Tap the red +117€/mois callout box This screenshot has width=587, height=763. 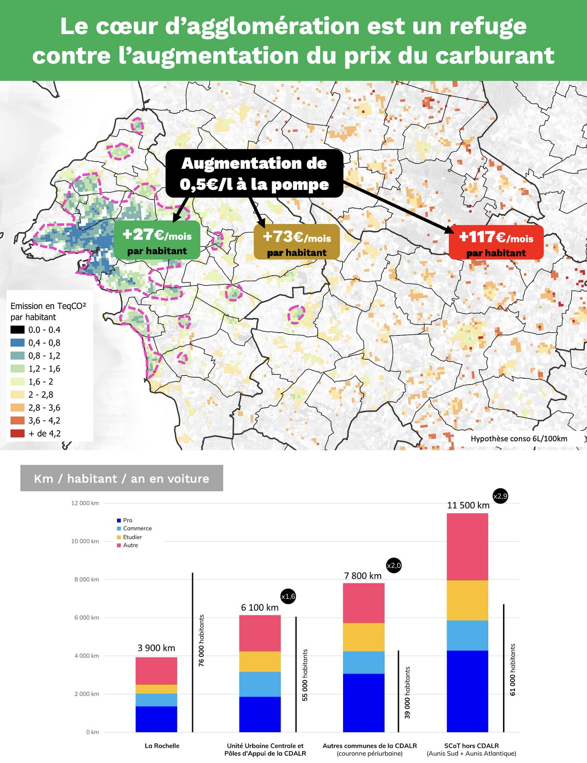coord(496,242)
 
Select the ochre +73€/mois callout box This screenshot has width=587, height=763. coord(297,242)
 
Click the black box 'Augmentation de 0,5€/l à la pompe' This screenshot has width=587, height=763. coord(254,173)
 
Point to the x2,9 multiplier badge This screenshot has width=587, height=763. coord(500,496)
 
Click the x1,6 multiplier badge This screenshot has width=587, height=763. coord(288,596)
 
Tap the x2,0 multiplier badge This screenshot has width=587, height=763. coord(393,566)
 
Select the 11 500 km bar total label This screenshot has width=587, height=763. coord(468,505)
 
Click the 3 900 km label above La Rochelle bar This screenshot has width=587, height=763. coord(156,648)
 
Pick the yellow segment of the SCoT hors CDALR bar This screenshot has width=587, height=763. coord(467,600)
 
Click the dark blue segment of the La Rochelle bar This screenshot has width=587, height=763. coord(156,719)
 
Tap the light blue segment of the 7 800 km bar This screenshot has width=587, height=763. coord(364,662)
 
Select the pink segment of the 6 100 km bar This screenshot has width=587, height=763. coord(260,633)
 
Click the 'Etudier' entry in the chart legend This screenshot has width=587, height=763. coord(132,537)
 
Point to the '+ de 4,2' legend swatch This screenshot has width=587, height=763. coord(17,433)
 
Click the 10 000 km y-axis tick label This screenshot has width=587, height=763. coord(85,541)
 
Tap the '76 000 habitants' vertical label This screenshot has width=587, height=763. coord(201,640)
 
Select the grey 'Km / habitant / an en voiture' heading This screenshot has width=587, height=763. coord(122,479)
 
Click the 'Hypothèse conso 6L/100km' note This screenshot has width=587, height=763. coord(519,439)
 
